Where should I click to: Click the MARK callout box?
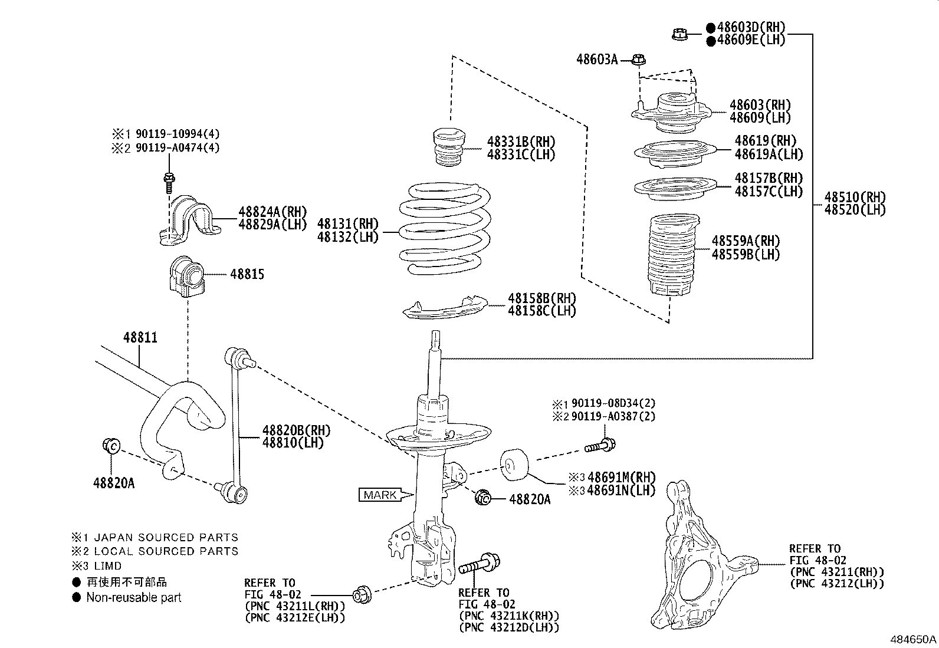pyautogui.click(x=380, y=495)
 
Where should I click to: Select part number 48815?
pyautogui.click(x=247, y=274)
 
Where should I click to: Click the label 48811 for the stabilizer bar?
pyautogui.click(x=140, y=338)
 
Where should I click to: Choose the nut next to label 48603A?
pyautogui.click(x=639, y=59)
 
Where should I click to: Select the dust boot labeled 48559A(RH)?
pyautogui.click(x=671, y=256)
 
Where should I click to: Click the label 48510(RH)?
pyautogui.click(x=855, y=197)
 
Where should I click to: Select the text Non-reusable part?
pyautogui.click(x=133, y=597)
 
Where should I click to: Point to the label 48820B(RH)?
pyautogui.click(x=297, y=430)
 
